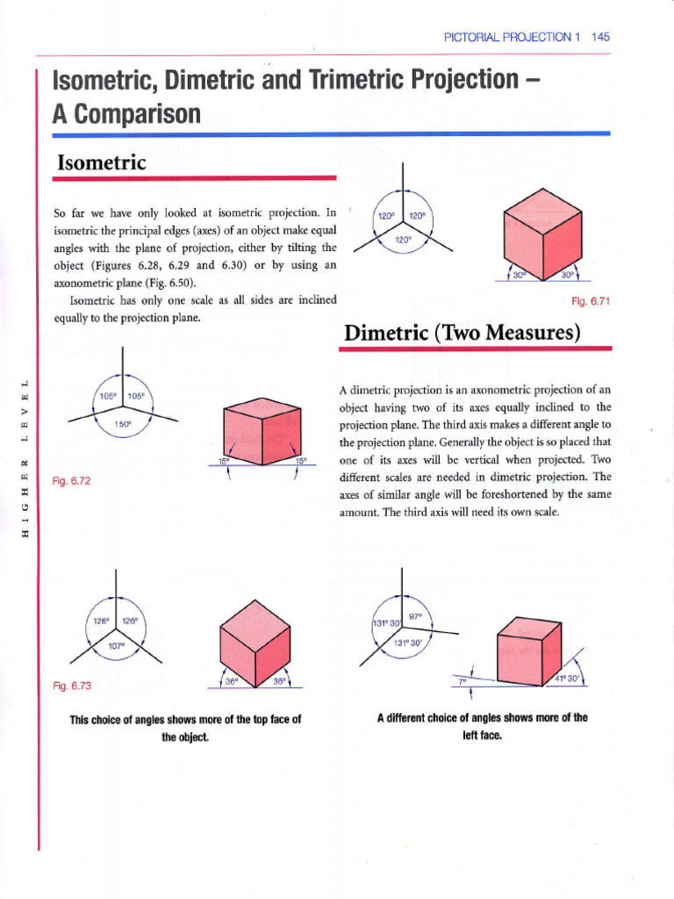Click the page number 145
click(600, 37)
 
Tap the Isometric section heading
click(101, 162)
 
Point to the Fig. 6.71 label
click(590, 301)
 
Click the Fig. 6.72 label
click(72, 481)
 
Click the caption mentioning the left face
click(482, 724)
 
